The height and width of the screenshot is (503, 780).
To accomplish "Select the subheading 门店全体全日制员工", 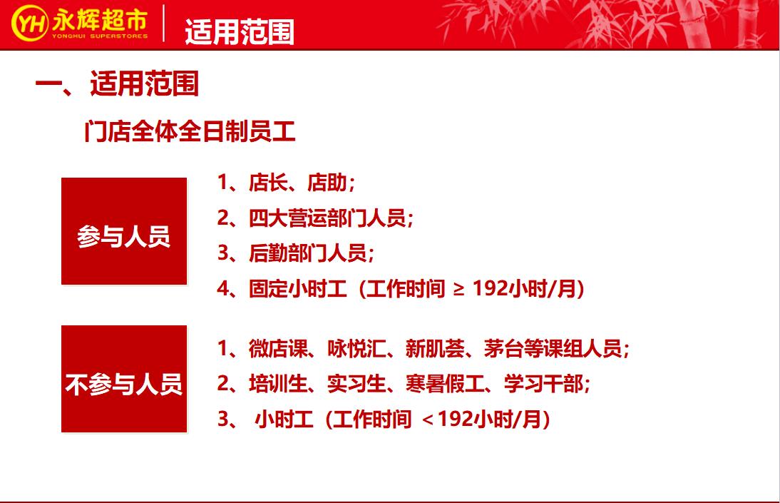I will coord(190,132).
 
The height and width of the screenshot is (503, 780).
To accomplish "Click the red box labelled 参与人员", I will coord(124,231).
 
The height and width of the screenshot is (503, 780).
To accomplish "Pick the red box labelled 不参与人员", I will coord(124,379).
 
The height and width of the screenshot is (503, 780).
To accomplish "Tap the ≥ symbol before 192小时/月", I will coord(459,289).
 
